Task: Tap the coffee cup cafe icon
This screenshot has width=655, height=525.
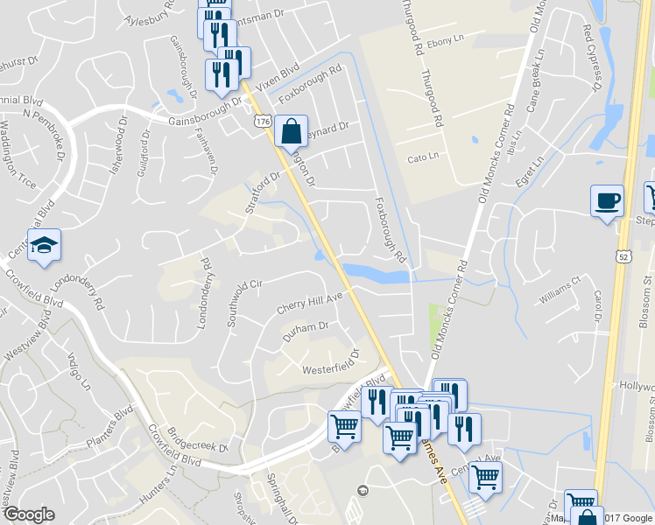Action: point(607,200)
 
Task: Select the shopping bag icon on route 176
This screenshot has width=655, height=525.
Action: point(291,132)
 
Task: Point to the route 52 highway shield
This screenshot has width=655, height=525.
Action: point(620,255)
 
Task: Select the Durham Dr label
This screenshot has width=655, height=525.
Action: point(305,331)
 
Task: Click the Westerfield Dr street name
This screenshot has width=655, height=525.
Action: point(332,363)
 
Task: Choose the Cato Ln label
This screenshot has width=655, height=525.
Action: point(423,158)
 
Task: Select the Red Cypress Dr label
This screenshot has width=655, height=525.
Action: point(593,57)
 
